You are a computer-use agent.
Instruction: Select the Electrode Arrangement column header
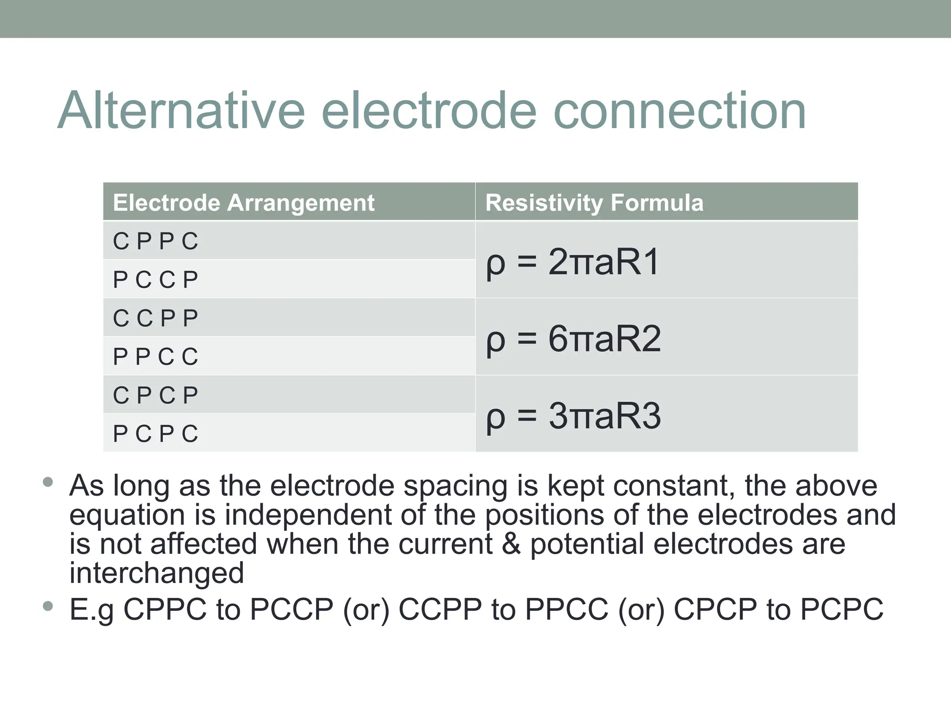[243, 203]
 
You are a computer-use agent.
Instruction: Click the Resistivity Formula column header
[594, 203]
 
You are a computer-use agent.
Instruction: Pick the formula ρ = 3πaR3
[573, 415]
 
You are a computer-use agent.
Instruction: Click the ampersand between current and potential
[511, 544]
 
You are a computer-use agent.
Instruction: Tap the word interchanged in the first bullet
[156, 573]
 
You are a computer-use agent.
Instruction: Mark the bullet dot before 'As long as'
[47, 482]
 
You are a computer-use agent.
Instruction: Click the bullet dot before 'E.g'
[47, 606]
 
